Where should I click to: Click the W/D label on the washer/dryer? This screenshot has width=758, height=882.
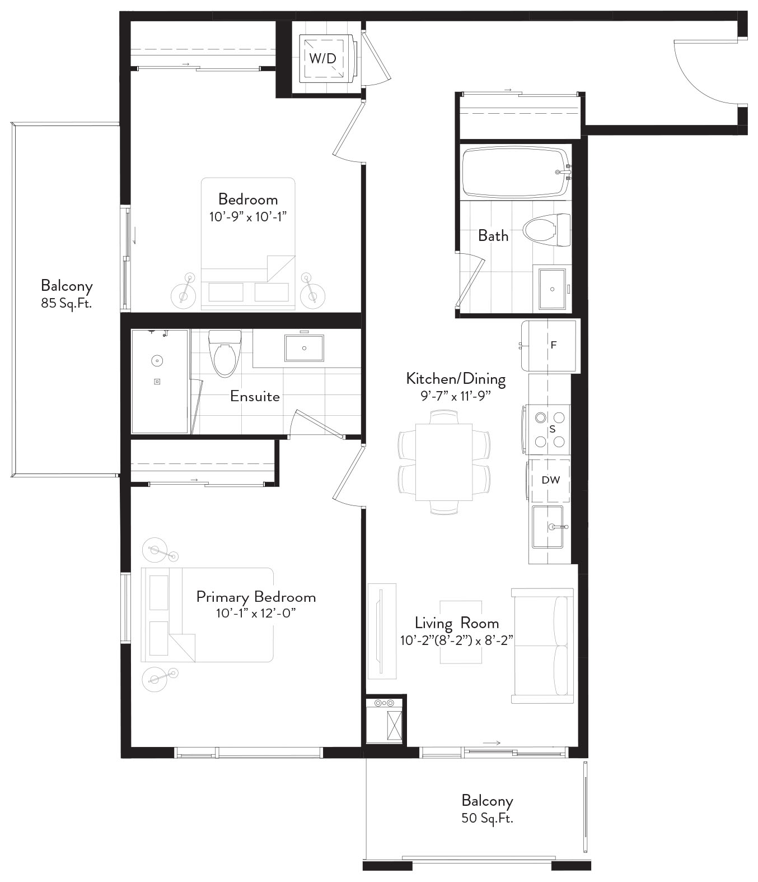coord(322,58)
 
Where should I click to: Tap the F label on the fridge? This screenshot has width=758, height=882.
coord(553,345)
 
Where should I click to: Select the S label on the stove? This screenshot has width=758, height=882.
coord(553,429)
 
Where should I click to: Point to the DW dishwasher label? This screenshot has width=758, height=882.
coord(550,480)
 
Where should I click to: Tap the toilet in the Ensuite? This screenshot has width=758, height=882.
coord(224,354)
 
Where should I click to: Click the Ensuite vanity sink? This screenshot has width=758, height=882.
coord(304,348)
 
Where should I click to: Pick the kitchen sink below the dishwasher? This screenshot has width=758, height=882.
coord(548,527)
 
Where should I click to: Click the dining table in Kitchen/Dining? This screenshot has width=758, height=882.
coord(444,462)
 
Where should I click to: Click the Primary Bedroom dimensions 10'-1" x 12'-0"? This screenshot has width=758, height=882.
coord(256,614)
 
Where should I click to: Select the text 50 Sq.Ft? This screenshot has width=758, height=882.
coord(487,818)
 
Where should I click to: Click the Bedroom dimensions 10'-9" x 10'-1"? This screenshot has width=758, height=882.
coord(247,217)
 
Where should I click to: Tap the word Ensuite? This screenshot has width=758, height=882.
coord(255,396)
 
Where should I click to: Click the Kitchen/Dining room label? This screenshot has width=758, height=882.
coord(456,379)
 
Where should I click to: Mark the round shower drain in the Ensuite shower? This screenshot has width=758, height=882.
coord(157,361)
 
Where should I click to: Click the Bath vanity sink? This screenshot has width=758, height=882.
coord(552,289)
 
